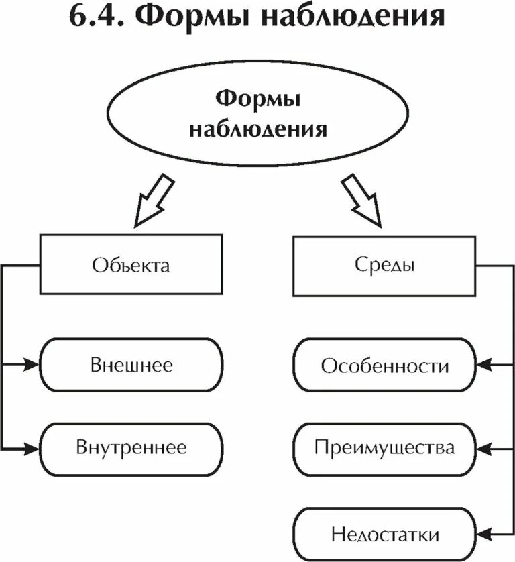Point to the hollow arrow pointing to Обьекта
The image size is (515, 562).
154,199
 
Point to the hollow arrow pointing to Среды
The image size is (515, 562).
361,199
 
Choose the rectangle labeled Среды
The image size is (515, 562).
384,264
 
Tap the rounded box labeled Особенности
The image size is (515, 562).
384,366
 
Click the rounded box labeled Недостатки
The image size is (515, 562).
384,534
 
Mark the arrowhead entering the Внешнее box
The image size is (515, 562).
33,366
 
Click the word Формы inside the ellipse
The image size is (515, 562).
258,101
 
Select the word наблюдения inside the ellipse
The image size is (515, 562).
258,128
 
